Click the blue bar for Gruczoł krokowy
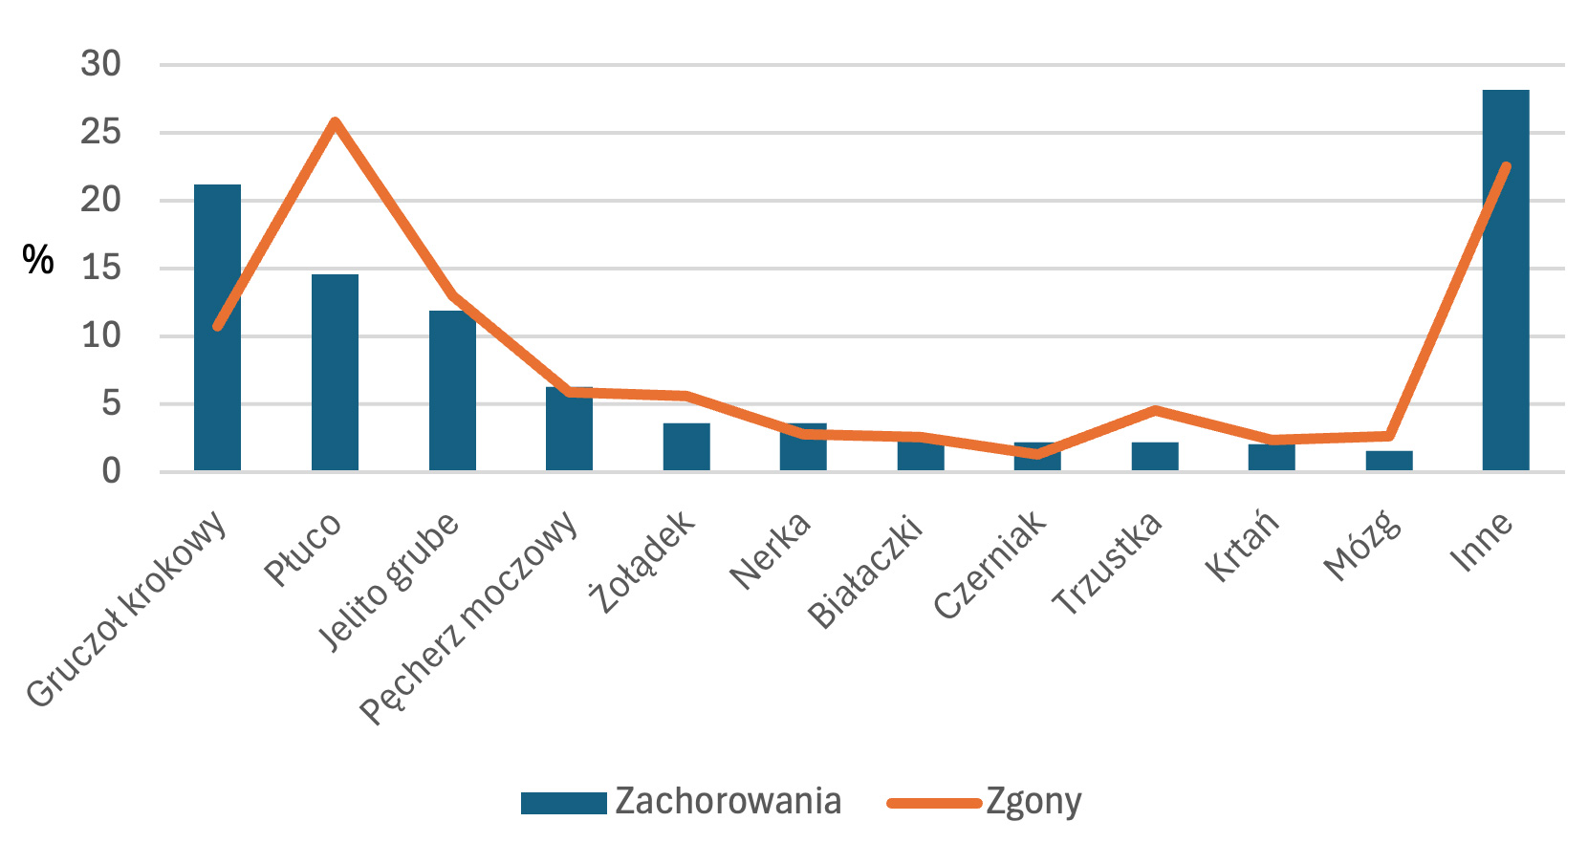click(217, 382)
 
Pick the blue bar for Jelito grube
click(452, 401)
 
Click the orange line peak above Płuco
click(335, 121)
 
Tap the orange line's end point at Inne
click(1507, 167)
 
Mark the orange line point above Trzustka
click(1155, 410)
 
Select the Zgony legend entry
click(985, 802)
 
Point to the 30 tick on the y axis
click(101, 64)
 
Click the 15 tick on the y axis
click(101, 268)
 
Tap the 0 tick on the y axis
click(112, 471)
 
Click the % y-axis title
click(38, 260)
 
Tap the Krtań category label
click(1241, 547)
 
